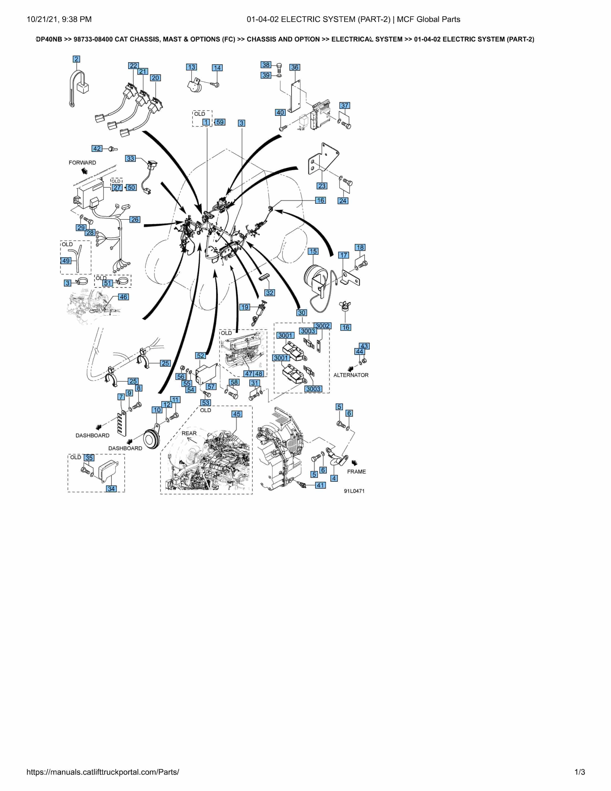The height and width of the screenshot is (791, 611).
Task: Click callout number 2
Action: click(76, 59)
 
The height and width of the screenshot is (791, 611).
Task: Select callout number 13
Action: click(191, 67)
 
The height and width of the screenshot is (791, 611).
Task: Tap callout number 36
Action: click(295, 67)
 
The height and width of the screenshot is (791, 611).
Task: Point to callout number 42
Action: click(97, 149)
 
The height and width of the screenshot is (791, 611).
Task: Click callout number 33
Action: click(130, 158)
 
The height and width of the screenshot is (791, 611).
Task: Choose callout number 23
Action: click(322, 186)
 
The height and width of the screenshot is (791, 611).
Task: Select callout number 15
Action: click(313, 251)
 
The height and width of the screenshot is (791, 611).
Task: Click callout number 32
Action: click(270, 293)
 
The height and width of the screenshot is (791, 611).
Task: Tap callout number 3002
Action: click(322, 326)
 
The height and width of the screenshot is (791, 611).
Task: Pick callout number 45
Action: click(237, 414)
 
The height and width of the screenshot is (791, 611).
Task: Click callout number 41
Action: click(320, 485)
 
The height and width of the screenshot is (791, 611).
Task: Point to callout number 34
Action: click(111, 489)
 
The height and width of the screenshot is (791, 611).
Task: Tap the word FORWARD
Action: click(83, 163)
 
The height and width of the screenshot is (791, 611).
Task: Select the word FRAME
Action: click(356, 472)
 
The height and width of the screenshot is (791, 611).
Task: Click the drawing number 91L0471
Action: click(354, 491)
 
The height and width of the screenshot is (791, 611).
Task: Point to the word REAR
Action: click(189, 433)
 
